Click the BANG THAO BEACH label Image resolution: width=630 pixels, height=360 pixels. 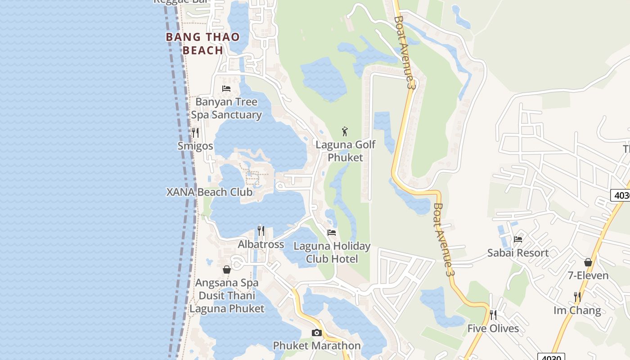[202, 44]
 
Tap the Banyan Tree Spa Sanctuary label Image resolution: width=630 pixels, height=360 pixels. [226, 108]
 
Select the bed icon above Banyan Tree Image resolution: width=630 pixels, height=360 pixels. [226, 88]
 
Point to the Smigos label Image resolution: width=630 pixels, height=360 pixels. [195, 146]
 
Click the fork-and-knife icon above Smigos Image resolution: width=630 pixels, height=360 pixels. [195, 133]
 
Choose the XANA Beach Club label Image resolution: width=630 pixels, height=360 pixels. [209, 192]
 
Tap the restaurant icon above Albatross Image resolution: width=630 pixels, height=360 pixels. [261, 231]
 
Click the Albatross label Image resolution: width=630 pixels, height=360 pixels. [261, 244]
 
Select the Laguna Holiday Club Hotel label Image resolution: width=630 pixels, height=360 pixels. [332, 252]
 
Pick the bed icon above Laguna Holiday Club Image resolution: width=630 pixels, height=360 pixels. [332, 233]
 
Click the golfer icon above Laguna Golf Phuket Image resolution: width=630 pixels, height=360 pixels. [345, 131]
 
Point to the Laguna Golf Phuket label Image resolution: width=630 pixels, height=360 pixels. [345, 151]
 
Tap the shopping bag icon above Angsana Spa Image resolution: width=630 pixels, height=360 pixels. [227, 270]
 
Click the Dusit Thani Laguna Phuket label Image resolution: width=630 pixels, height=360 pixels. [227, 302]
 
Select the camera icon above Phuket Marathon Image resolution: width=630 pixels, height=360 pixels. [317, 333]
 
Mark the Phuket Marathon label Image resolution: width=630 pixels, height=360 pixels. [317, 346]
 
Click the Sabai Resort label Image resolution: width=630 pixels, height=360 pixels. [518, 253]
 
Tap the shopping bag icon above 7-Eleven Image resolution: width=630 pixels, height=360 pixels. [588, 262]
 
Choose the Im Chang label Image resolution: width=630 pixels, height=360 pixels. [577, 310]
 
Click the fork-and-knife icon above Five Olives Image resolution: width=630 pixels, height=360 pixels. [493, 315]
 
